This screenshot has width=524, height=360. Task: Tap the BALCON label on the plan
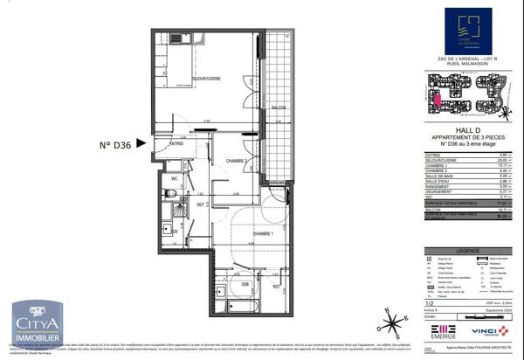coord(279,107)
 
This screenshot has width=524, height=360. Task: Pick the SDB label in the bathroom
coord(245,285)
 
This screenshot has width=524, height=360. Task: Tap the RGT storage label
coord(276,285)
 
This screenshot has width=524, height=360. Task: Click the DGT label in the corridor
coord(200,204)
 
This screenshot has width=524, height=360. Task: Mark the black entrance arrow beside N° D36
coord(202,131)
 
